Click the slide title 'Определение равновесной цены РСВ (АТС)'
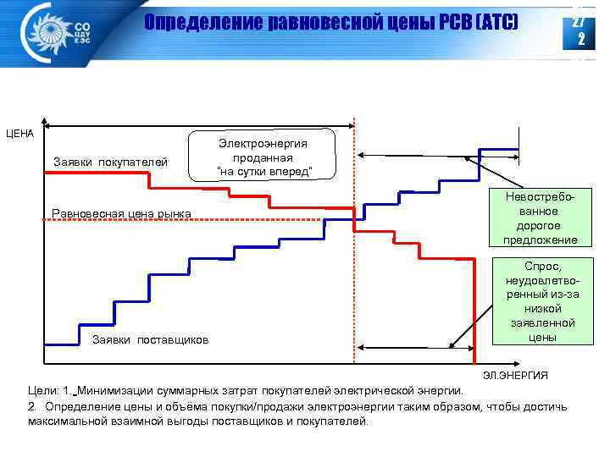330,22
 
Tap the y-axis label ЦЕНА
19,133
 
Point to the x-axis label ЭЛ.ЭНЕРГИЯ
515,375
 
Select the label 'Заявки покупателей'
110,162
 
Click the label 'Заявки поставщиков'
149,340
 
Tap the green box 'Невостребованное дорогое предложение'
541,217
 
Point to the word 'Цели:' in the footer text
44,391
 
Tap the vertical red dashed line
353,254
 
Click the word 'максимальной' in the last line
67,421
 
